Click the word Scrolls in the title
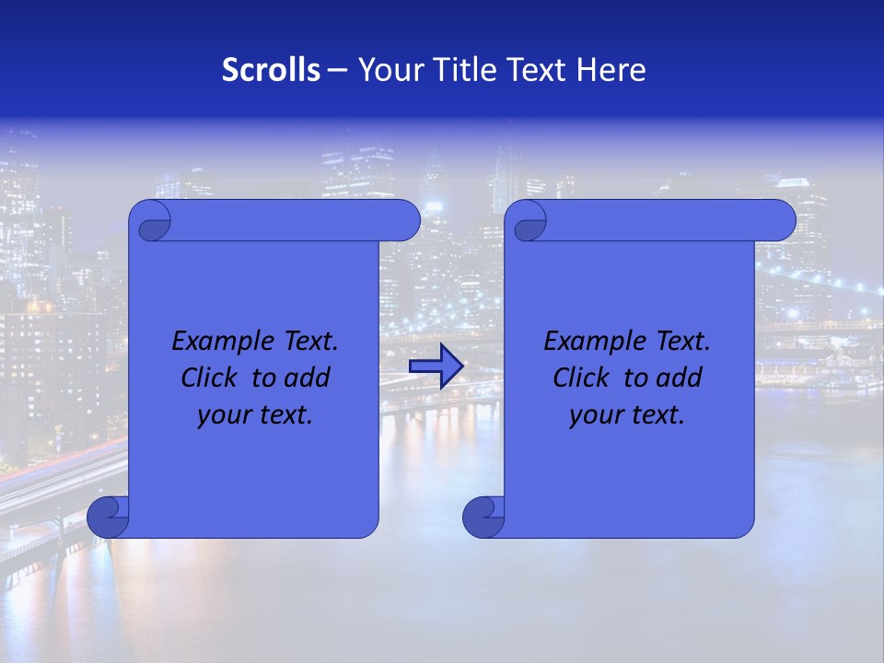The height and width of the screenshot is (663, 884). coord(271,70)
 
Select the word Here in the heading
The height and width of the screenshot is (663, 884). coord(611,70)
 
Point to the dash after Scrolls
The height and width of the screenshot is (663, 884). coord(337,70)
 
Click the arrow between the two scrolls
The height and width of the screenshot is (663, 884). coord(436,366)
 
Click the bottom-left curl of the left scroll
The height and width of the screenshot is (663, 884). coord(109,516)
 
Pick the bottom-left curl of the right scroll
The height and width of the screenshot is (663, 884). coord(483,516)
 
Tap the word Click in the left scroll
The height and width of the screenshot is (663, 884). coord(209,378)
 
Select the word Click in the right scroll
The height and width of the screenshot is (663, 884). coord(581,378)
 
